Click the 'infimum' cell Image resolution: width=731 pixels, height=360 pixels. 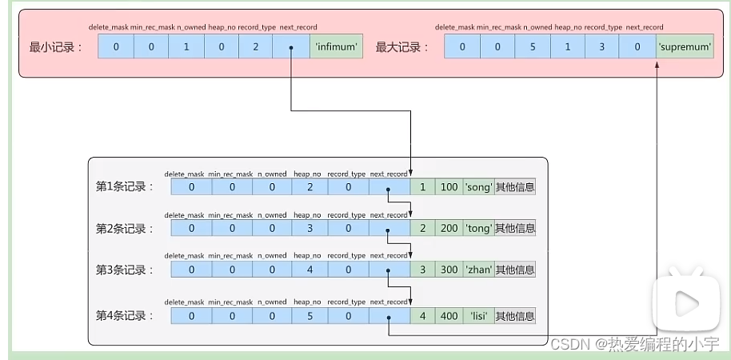pyautogui.click(x=336, y=46)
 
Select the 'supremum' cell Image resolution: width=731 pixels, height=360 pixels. pyautogui.click(x=685, y=46)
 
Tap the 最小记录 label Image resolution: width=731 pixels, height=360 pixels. pyautogui.click(x=56, y=47)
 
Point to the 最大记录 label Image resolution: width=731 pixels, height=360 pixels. pyautogui.click(x=402, y=47)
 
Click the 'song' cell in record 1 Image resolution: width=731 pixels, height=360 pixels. pyautogui.click(x=478, y=187)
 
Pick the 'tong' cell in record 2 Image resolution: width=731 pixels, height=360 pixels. pyautogui.click(x=478, y=229)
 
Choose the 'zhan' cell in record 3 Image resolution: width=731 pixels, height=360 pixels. pyautogui.click(x=478, y=270)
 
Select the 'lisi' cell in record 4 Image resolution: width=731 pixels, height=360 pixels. pyautogui.click(x=478, y=316)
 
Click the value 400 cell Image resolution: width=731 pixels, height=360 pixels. pyautogui.click(x=449, y=316)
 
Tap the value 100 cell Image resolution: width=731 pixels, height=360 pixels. pyautogui.click(x=449, y=187)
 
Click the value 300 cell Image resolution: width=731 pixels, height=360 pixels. pyautogui.click(x=449, y=270)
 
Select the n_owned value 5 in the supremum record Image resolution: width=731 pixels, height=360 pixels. pyautogui.click(x=533, y=46)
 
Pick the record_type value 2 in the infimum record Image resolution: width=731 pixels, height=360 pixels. pyautogui.click(x=255, y=46)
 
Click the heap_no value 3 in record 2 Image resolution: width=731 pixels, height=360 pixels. pyautogui.click(x=310, y=229)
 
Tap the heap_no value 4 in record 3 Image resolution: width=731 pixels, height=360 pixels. pyautogui.click(x=310, y=270)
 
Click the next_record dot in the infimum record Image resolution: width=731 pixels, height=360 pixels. pyautogui.click(x=290, y=46)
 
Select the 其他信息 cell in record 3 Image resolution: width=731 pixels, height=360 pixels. pyautogui.click(x=515, y=270)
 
